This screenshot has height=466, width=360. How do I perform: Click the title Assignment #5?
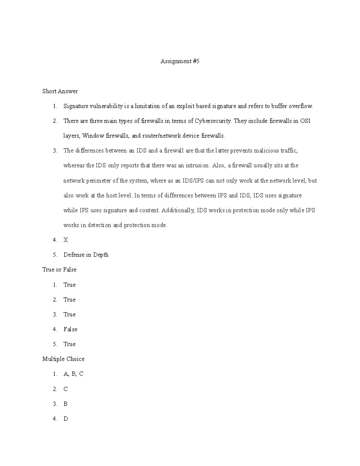click(180, 62)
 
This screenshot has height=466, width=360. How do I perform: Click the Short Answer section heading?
click(60, 91)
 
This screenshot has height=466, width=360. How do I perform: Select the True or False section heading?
click(59, 270)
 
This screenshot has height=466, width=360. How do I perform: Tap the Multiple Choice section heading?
click(63, 359)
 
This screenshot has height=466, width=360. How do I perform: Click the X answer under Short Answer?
click(66, 240)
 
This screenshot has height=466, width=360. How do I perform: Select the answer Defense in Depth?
click(86, 255)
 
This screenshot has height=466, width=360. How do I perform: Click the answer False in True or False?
click(70, 329)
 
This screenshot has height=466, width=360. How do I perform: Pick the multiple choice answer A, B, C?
click(73, 374)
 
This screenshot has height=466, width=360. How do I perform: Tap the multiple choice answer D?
click(66, 419)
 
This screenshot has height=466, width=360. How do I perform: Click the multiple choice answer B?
click(65, 404)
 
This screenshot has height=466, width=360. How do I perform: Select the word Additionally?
click(178, 210)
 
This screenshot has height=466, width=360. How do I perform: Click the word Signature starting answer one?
click(76, 106)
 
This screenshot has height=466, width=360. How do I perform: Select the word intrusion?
click(197, 166)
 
